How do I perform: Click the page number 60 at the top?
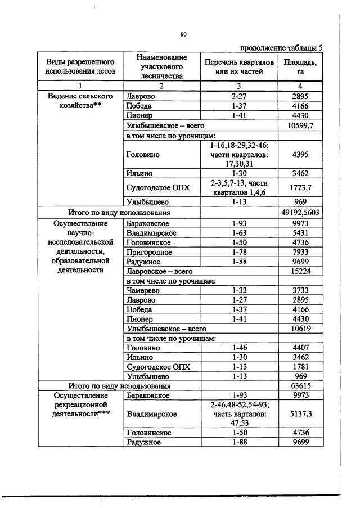(183, 34)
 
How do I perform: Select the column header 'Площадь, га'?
(300, 66)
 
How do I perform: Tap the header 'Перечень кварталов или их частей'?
(238, 66)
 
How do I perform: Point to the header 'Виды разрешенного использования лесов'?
(80, 66)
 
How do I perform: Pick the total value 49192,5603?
(300, 213)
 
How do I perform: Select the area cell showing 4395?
(300, 154)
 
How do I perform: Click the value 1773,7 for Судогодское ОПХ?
(300, 187)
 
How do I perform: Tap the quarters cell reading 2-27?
(238, 96)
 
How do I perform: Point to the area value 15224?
(300, 271)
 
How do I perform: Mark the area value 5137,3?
(300, 414)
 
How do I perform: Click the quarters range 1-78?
(238, 252)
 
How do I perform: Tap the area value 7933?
(300, 252)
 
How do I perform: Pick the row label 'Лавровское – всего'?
(156, 271)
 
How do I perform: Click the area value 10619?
(300, 328)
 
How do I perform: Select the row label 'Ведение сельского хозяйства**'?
(80, 101)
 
